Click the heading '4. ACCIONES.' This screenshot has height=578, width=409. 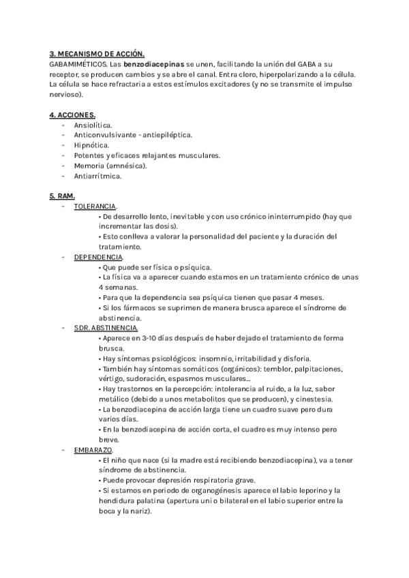72,115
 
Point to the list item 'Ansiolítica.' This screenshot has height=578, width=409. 93,125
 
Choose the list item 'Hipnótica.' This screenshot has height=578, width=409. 91,145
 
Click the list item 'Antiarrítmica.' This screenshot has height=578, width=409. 98,176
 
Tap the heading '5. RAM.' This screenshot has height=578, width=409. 61,196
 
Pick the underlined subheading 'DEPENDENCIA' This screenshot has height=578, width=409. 99,257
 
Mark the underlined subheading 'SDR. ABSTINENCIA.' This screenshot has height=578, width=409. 106,328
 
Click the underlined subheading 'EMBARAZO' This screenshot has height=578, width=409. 94,450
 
